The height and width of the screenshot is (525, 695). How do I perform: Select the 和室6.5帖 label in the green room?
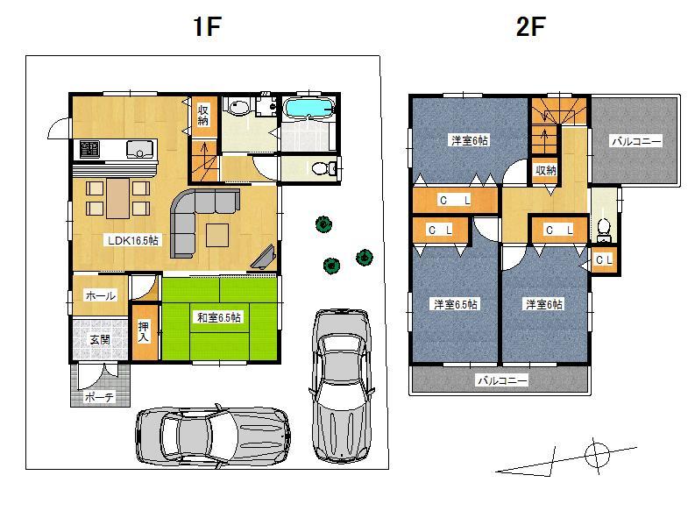(218, 317)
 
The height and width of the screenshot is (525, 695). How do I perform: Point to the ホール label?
(100, 296)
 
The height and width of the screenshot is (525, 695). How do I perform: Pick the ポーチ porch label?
(99, 397)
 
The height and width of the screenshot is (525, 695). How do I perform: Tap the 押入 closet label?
(145, 330)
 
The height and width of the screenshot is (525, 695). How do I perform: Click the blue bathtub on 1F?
(308, 110)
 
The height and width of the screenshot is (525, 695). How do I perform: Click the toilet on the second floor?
(603, 228)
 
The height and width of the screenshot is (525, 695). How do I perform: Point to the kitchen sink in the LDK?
(140, 148)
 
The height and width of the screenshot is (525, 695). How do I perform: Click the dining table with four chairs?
(117, 197)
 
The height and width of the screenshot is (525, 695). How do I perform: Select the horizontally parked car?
(213, 434)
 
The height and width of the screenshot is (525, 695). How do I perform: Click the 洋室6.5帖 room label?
(455, 304)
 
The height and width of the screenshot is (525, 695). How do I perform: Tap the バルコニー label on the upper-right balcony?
(636, 140)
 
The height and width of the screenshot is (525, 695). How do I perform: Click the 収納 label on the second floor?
(545, 169)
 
